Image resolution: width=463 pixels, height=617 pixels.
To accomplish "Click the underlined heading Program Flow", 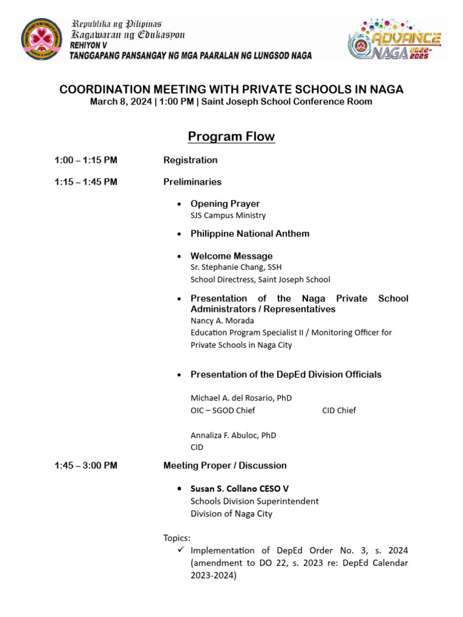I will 231,137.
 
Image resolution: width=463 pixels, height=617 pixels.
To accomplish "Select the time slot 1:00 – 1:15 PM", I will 86,160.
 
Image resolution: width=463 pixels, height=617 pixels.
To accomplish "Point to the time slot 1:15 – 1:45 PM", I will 86,182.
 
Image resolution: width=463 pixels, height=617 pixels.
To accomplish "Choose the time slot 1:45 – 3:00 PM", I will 86,465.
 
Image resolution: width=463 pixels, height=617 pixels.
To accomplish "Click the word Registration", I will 190,160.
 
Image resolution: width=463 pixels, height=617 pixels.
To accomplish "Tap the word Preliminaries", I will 192,182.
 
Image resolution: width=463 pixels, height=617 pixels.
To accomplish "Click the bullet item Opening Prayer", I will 225,204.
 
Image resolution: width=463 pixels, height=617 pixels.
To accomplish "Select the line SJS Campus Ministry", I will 228,215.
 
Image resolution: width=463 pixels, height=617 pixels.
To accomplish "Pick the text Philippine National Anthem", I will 250,234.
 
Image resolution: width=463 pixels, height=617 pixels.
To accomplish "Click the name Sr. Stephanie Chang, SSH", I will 236,267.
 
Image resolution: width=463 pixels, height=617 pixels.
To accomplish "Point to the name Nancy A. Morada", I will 222,321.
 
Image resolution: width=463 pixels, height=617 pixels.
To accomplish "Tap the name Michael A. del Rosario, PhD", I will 241,398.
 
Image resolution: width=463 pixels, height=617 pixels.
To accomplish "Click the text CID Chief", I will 339,410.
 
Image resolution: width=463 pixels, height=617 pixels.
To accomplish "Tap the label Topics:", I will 177,537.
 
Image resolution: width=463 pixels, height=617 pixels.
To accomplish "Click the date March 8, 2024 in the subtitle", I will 121,102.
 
